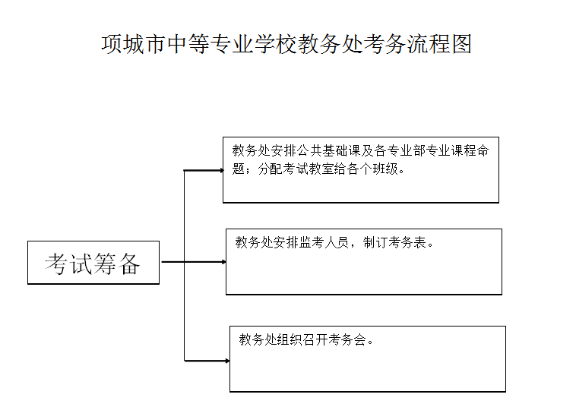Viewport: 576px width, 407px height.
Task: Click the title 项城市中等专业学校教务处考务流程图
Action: [x=286, y=44]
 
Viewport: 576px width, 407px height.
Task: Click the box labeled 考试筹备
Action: [x=93, y=263]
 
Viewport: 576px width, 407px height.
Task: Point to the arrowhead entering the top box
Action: [x=220, y=170]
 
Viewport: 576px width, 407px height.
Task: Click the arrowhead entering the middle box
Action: [x=223, y=262]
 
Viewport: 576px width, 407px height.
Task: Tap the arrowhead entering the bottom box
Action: [x=226, y=360]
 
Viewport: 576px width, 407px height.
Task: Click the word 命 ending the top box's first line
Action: [x=483, y=150]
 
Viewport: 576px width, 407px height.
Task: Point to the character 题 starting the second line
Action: [x=239, y=168]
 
